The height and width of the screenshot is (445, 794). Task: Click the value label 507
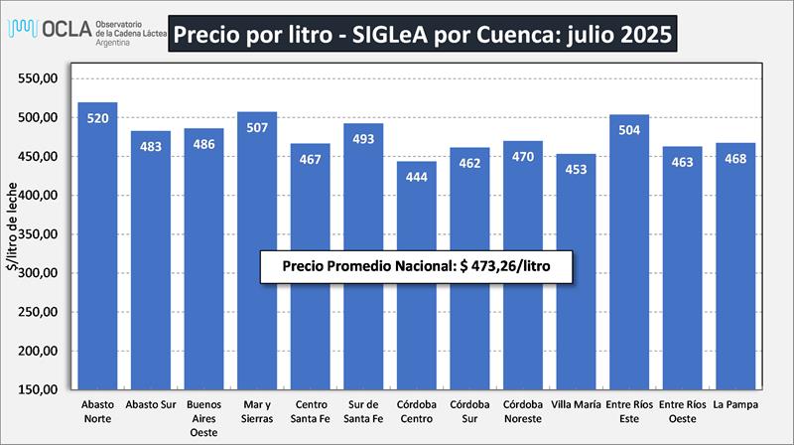[x=257, y=127]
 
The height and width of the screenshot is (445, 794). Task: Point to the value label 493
[x=363, y=138]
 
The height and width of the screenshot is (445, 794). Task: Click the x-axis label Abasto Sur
[x=151, y=405]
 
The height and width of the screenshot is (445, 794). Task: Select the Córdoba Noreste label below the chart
[x=523, y=412]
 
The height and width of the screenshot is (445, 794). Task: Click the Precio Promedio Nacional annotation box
[x=418, y=266]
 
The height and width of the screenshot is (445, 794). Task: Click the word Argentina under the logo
[x=116, y=45]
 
